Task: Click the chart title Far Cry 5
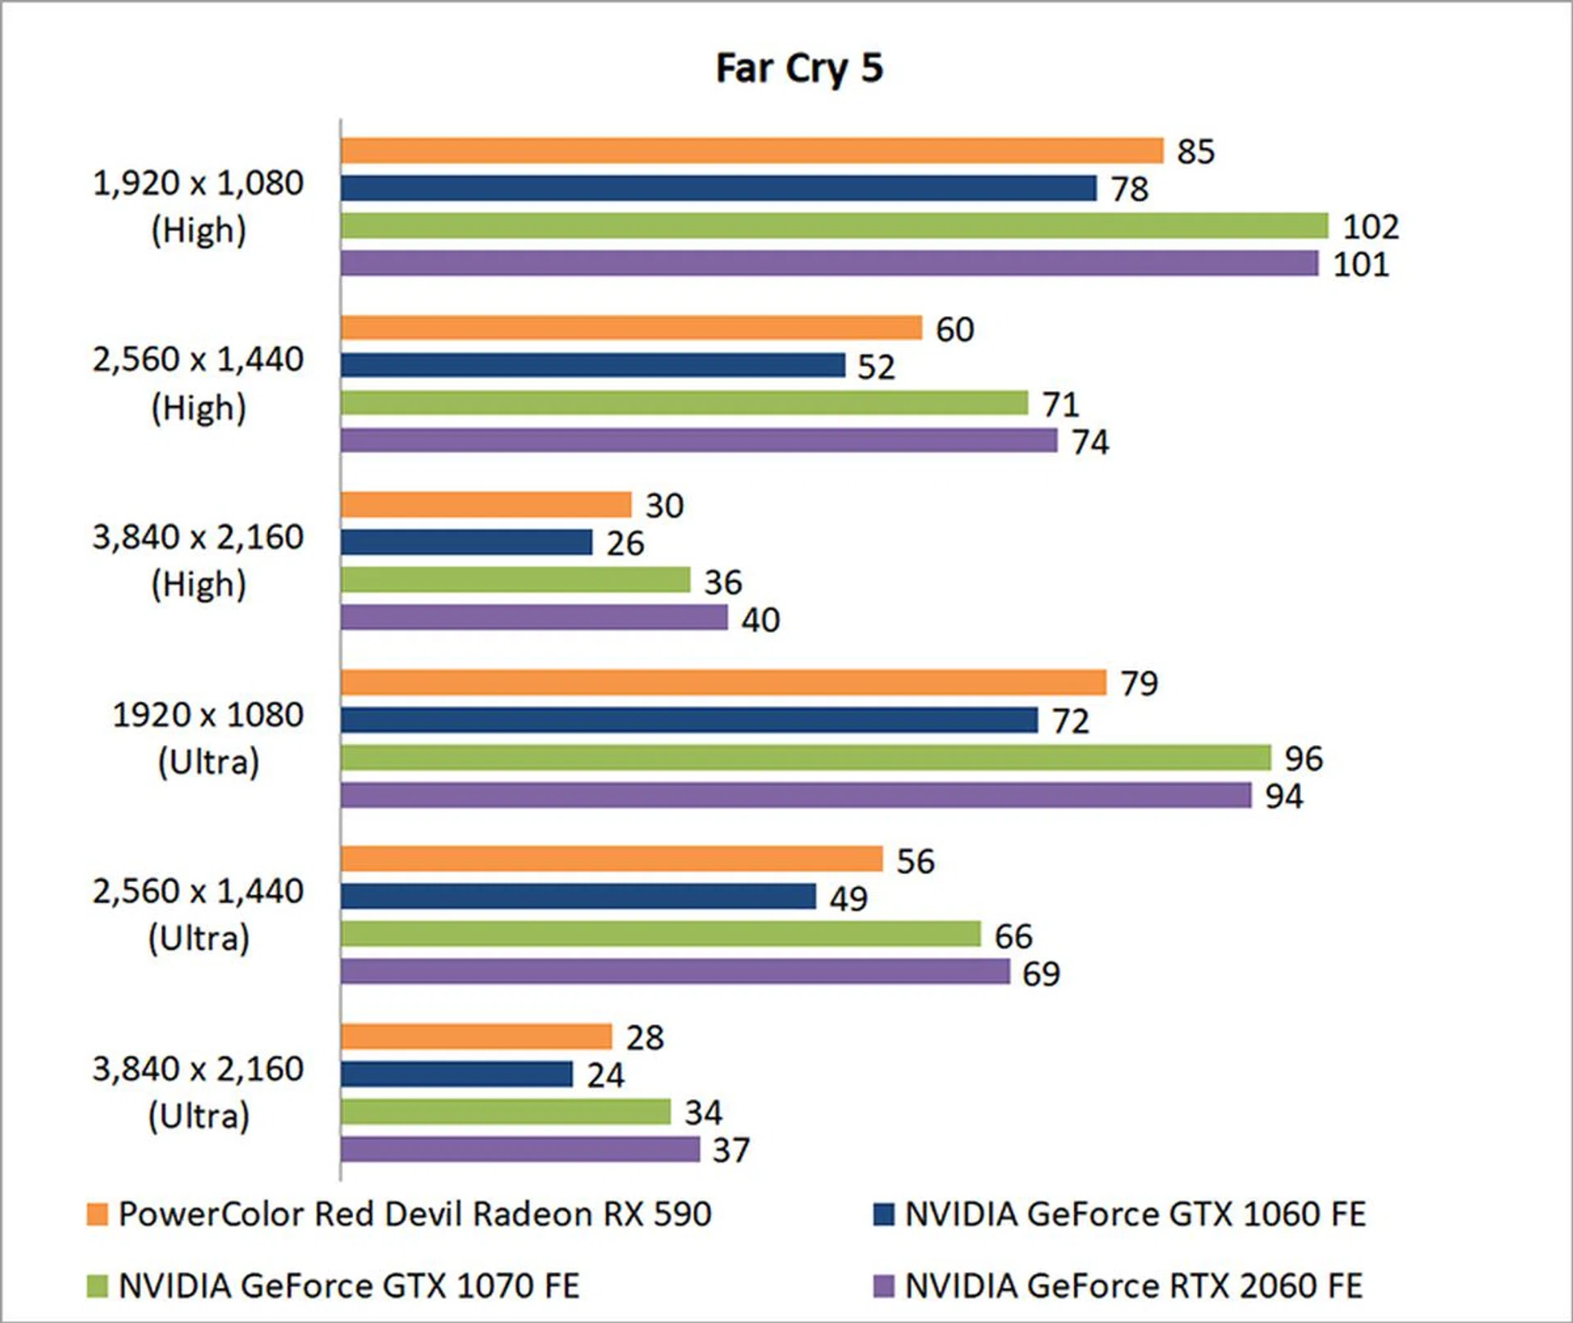[799, 68]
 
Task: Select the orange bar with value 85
[751, 151]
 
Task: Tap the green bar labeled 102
[834, 225]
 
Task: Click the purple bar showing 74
[699, 441]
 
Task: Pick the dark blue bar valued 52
[592, 365]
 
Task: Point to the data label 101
[1361, 265]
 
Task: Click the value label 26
[625, 543]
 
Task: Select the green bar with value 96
[805, 757]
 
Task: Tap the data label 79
[1139, 683]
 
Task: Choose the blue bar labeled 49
[578, 896]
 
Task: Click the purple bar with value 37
[520, 1149]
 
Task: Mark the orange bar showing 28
[476, 1036]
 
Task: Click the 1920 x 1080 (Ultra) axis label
[208, 738]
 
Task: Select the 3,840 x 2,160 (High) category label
[198, 560]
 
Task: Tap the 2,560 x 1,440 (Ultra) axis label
[198, 914]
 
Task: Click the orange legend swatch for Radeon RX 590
[97, 1214]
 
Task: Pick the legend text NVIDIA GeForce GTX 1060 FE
[1135, 1214]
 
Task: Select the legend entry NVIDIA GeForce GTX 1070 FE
[349, 1285]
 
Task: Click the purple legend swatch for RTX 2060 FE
[883, 1285]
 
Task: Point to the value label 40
[760, 620]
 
